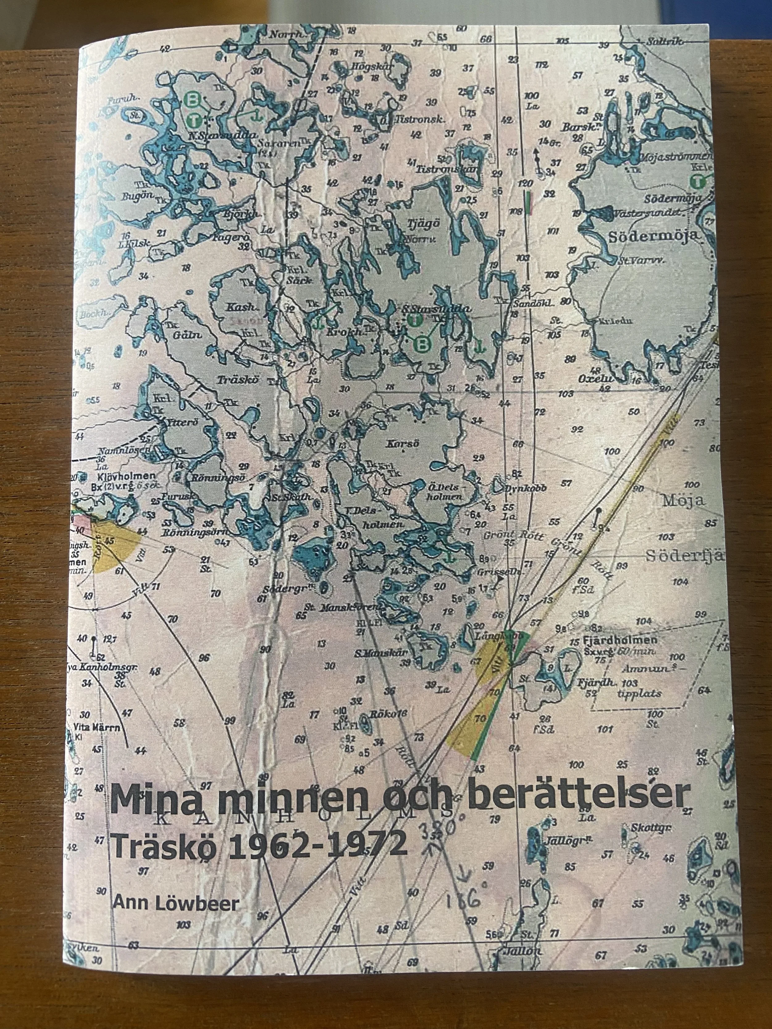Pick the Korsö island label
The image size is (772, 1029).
coord(402,443)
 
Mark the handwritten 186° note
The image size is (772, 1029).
coord(463,901)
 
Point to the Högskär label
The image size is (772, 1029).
coord(372,66)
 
